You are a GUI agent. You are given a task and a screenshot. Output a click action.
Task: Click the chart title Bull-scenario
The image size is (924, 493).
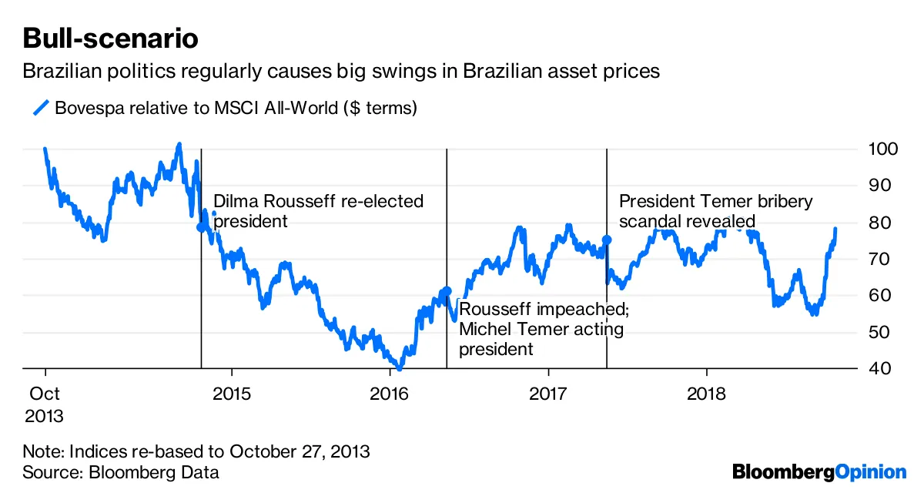[110, 38]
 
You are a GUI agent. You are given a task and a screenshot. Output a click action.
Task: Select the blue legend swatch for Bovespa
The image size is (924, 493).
[41, 108]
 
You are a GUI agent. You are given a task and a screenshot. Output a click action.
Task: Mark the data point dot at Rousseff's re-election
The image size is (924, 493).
[202, 226]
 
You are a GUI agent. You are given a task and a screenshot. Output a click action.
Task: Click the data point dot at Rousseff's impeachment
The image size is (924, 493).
[447, 290]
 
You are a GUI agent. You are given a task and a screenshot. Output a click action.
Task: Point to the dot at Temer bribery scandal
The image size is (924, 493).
[607, 240]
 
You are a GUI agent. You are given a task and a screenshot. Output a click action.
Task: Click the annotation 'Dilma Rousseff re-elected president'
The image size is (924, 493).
[318, 211]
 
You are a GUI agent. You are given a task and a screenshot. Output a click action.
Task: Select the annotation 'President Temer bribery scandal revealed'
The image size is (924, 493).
[715, 211]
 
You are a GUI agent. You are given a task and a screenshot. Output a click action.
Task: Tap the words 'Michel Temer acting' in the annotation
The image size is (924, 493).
[541, 329]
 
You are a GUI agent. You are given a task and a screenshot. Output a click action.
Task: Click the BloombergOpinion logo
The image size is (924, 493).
[819, 471]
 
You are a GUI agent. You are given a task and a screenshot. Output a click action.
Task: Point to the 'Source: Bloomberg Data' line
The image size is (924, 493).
[121, 472]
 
